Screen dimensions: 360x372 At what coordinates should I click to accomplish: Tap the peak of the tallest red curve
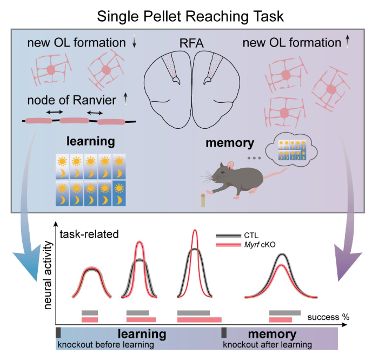pyautogui.click(x=195, y=231)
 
